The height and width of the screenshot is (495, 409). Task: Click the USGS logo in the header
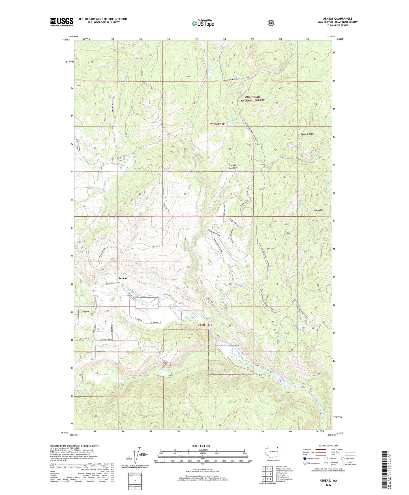pyautogui.click(x=62, y=22)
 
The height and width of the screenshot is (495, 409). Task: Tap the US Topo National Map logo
pyautogui.click(x=203, y=23)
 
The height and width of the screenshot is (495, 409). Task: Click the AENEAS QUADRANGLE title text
pyautogui.click(x=337, y=19)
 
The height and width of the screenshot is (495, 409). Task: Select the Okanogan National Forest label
pyautogui.click(x=252, y=99)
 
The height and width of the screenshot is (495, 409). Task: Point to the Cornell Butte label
pyautogui.click(x=307, y=134)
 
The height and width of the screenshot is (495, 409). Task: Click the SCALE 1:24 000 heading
pyautogui.click(x=201, y=446)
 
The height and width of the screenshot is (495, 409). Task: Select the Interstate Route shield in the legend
pyautogui.click(x=305, y=458)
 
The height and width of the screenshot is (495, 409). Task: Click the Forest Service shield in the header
pyautogui.click(x=271, y=23)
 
